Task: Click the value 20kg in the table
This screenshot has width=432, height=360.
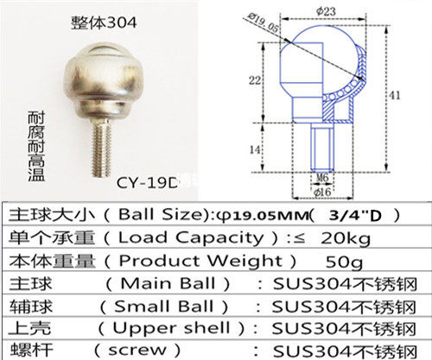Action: pos(356,237)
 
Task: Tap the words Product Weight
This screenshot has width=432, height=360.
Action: pos(181,260)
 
